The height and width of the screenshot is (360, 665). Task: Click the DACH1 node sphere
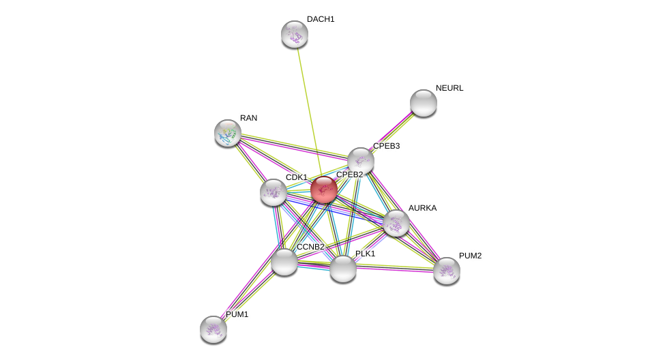[x=295, y=34]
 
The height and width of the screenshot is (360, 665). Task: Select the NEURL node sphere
[x=424, y=103]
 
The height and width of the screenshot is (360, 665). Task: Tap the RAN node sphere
[x=228, y=133]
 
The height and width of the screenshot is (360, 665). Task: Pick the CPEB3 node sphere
[x=361, y=161]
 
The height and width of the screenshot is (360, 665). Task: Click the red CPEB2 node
[x=324, y=190]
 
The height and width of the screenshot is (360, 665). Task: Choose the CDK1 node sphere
[x=274, y=192]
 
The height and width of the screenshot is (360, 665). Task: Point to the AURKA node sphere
[x=396, y=223]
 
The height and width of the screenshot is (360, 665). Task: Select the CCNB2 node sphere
[x=284, y=262]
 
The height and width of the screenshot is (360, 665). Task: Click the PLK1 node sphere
[x=343, y=269]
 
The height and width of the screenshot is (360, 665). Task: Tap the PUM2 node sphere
[x=447, y=271]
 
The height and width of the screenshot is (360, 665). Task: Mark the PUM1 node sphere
[x=213, y=329]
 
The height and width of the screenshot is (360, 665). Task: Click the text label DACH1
[x=321, y=19]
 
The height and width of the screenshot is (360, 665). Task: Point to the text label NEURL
[x=449, y=88]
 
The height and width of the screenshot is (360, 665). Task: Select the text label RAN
[x=248, y=118]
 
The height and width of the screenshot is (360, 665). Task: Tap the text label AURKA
[x=422, y=208]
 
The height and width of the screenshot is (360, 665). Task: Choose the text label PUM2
[x=470, y=256]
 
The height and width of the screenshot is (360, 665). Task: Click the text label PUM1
[x=237, y=314]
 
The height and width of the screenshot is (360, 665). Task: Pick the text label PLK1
[x=365, y=254]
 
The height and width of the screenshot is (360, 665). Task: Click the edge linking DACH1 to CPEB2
[x=308, y=109]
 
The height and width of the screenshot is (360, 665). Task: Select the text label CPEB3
[x=386, y=146]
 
